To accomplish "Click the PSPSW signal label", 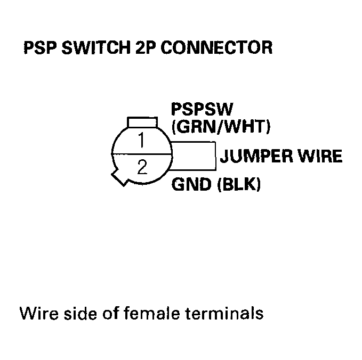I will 202,110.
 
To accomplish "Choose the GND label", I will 190,186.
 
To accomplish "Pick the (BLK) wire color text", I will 238,186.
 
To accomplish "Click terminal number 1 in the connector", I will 142,142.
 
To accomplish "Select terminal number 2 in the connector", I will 142,168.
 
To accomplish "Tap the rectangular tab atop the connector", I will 142,122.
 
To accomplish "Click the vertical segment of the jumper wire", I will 215,157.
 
